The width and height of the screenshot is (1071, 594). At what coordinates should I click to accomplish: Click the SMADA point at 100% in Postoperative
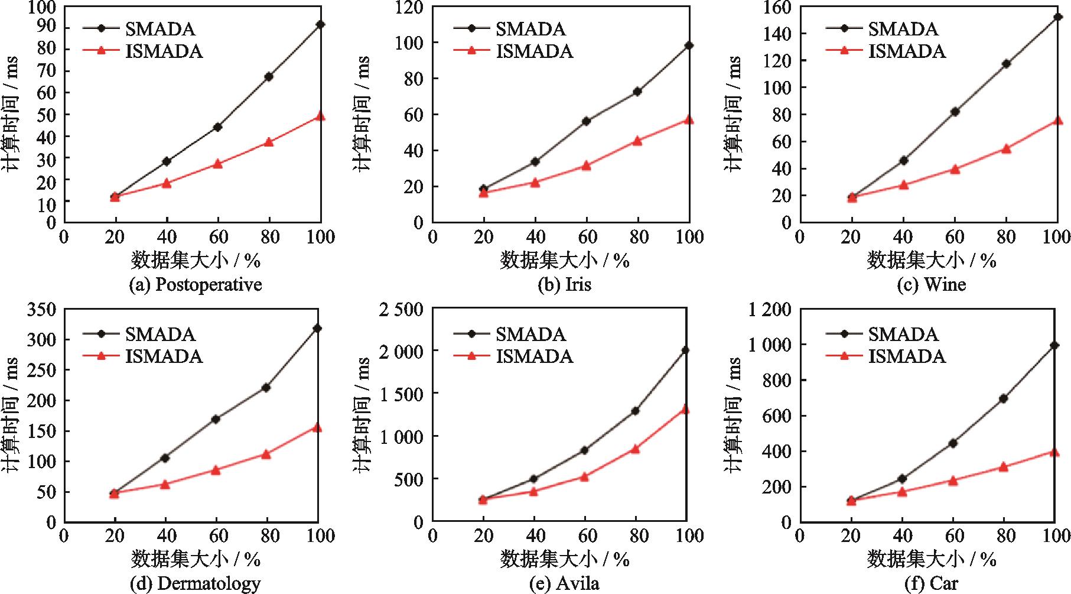[x=320, y=24]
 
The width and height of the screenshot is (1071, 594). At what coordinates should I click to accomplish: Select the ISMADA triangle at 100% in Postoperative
[x=320, y=116]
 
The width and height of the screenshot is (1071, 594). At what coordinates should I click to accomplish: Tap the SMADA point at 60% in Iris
[x=586, y=121]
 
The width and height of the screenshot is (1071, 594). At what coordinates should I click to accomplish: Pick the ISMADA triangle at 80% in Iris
[x=637, y=141]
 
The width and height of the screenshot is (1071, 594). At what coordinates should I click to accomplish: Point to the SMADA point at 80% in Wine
[x=1006, y=64]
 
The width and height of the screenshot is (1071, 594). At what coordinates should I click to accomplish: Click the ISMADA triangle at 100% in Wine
[x=1057, y=121]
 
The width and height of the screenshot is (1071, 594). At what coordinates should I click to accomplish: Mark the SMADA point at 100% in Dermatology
[x=317, y=328]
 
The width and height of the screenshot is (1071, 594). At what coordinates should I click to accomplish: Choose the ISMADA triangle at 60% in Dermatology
[x=216, y=470]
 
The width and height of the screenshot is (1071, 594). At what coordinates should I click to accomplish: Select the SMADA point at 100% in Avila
[x=685, y=350]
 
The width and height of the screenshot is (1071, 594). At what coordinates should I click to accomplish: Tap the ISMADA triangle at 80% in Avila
[x=635, y=449]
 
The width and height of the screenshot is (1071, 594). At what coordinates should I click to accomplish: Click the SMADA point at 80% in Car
[x=1003, y=398]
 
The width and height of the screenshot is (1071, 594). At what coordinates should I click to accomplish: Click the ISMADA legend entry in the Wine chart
[x=886, y=51]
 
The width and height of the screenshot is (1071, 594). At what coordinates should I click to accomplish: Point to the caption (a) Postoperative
[x=195, y=285]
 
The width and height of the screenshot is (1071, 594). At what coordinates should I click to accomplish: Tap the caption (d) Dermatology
[x=195, y=584]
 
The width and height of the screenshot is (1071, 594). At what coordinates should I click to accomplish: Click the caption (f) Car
[x=931, y=584]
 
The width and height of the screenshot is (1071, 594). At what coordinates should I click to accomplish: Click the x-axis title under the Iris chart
[x=565, y=260]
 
